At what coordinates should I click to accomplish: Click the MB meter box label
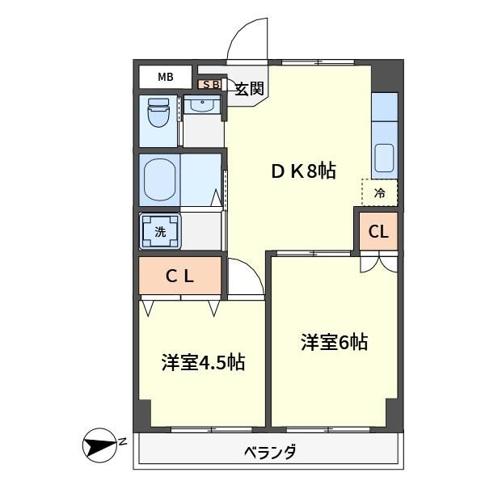coord(165,78)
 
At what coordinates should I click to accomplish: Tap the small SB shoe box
coord(210,83)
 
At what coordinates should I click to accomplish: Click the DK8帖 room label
coord(302,171)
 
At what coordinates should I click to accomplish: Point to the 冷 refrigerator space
coord(379,192)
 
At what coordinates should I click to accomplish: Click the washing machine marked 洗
coord(159,231)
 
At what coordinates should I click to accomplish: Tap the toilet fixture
coord(158,114)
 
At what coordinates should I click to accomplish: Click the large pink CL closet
coord(179,276)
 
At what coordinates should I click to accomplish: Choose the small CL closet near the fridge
coord(378,232)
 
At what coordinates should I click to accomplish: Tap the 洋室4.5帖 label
coord(203,363)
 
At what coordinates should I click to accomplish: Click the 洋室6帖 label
coord(334,343)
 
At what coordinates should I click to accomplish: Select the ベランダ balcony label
coord(269,452)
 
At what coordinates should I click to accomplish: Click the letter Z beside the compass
coord(124,441)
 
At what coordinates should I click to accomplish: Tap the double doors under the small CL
coord(378,261)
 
